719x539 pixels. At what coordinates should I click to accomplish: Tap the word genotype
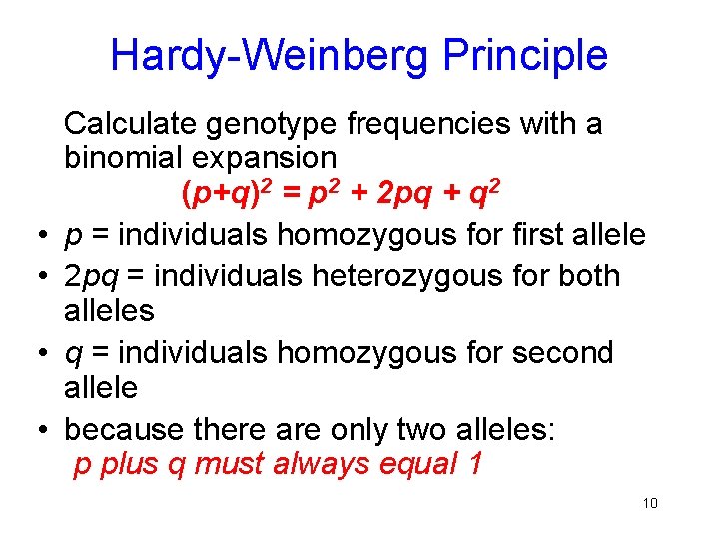tap(273, 124)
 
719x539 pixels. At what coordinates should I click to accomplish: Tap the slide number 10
tap(650, 502)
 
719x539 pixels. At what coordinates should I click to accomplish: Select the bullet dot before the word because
tap(35, 432)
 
